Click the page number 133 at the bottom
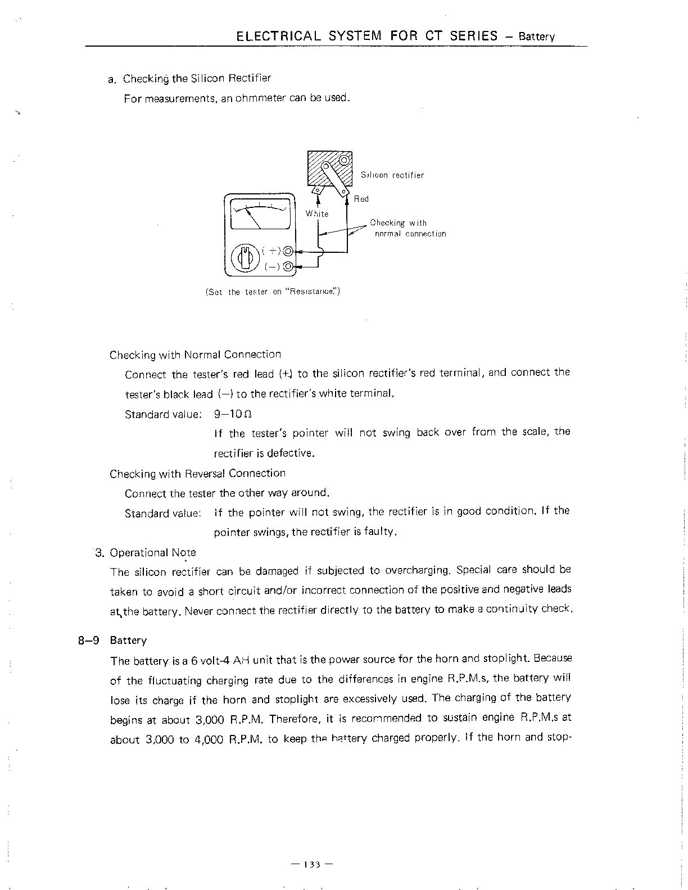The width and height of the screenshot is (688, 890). coord(312,864)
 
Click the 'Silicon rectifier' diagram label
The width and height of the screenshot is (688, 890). coord(392,175)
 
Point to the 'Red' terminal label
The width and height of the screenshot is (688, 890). coord(361,199)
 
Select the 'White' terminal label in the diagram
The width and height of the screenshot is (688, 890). coord(317,214)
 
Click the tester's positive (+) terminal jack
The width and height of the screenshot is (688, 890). coord(288,251)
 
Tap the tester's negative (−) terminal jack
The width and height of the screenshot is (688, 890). coord(288,266)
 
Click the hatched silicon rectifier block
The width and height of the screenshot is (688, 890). coord(329,169)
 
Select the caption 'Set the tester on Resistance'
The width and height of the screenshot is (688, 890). coord(273,292)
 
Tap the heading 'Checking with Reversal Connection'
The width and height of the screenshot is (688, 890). coord(197,474)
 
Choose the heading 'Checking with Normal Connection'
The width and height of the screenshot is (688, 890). coord(195,355)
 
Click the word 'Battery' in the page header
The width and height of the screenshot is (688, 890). coord(537,37)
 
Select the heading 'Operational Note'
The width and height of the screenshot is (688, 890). coord(153,553)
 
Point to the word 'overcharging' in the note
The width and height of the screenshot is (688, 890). coord(417,571)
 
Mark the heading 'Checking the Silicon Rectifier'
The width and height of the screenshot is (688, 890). coord(197,78)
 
